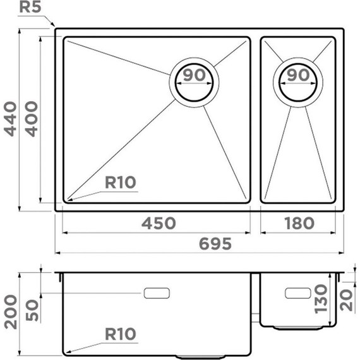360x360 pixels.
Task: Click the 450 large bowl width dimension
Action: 156,223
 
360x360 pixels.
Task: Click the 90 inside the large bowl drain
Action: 195,75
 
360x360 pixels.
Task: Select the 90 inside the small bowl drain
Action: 297,75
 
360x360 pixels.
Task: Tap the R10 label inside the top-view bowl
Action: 120,183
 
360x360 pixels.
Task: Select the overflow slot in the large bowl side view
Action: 157,293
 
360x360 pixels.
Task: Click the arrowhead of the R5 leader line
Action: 54,27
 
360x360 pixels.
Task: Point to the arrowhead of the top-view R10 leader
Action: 68,200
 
